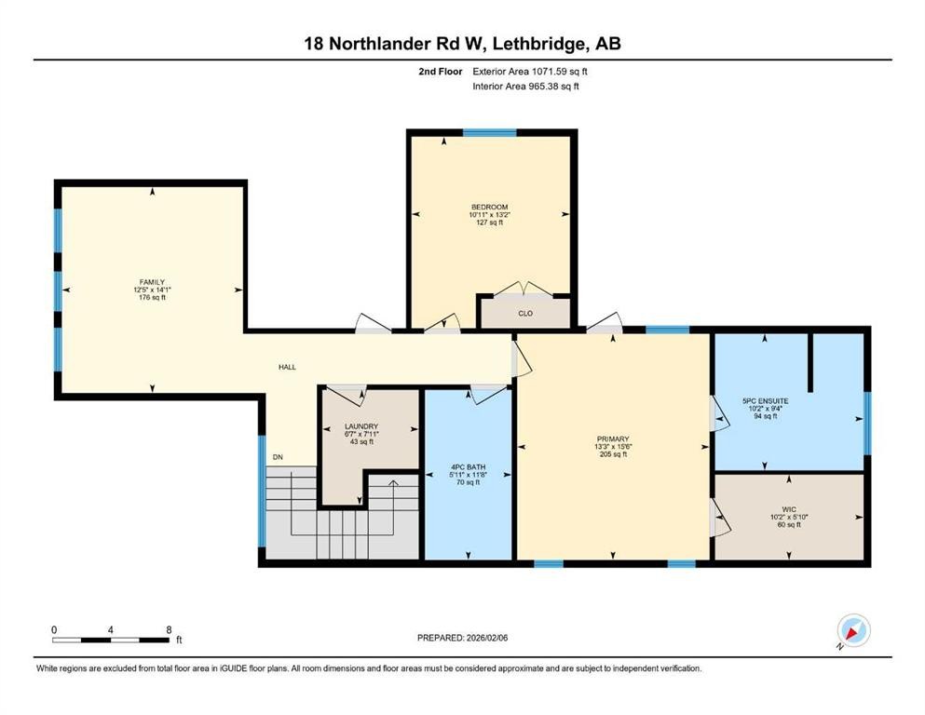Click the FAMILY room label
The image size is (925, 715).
coord(152,282)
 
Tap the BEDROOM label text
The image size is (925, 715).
coord(489,207)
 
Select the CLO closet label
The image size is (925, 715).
coord(525,314)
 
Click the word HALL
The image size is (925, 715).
coord(288,367)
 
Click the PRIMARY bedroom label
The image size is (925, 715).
coord(613,438)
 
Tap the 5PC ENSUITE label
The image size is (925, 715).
coord(765,400)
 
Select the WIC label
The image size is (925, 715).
coord(788,509)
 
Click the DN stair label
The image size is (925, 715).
coord(278,457)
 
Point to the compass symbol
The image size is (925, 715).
coord(852,630)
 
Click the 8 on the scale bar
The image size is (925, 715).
coord(169,629)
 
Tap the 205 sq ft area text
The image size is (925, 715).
coord(613,455)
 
